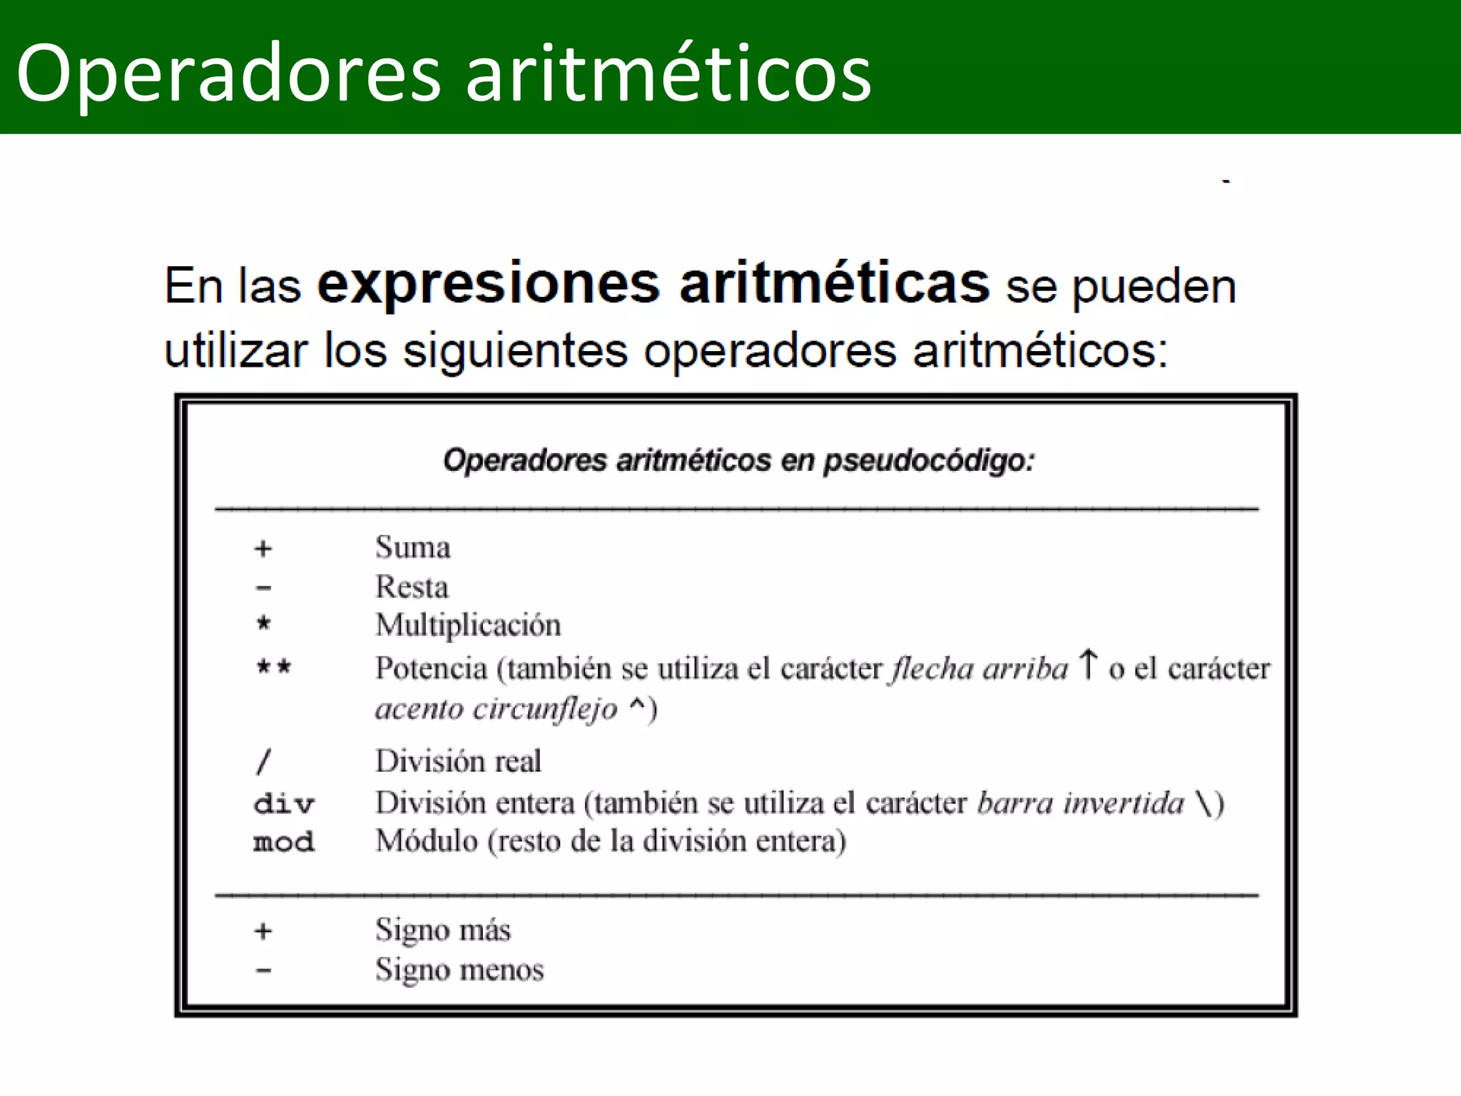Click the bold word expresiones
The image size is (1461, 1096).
click(489, 284)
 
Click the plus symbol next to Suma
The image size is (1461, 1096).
click(263, 549)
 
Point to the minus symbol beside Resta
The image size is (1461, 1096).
click(263, 588)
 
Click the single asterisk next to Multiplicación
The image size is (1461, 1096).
click(263, 624)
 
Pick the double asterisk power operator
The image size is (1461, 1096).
click(274, 668)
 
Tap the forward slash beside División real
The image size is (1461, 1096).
click(263, 761)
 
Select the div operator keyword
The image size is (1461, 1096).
click(283, 804)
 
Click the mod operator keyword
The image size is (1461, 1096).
click(283, 842)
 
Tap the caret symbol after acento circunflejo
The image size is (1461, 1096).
click(637, 706)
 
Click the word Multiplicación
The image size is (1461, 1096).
click(468, 625)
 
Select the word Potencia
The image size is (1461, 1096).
click(432, 669)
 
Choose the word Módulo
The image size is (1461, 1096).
click(427, 841)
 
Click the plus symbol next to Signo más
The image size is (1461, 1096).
click(263, 931)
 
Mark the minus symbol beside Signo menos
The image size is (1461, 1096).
click(263, 970)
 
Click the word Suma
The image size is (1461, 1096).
click(413, 547)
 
